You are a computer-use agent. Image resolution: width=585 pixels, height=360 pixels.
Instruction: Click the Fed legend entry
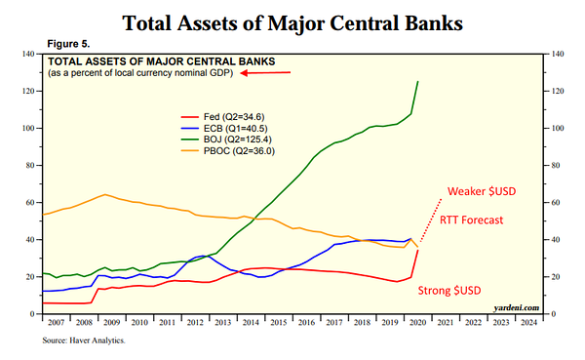tap(222, 117)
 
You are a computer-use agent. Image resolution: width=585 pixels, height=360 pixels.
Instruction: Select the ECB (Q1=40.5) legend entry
tap(224, 129)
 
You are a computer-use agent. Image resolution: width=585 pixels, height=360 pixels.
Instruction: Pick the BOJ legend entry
tap(226, 140)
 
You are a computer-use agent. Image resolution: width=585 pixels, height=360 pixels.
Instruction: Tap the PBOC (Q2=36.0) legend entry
tap(228, 151)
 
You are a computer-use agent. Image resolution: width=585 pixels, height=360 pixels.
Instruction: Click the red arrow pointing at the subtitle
tap(265, 72)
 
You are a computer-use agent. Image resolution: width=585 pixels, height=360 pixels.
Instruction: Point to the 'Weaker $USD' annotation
tap(482, 191)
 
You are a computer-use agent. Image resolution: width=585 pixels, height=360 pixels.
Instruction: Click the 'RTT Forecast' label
tap(471, 220)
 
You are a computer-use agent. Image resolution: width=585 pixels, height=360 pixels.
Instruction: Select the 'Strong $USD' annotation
tap(449, 290)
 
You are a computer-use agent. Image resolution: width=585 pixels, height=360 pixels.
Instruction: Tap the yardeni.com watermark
tap(517, 307)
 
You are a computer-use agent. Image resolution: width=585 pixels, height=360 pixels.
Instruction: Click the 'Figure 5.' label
tap(68, 44)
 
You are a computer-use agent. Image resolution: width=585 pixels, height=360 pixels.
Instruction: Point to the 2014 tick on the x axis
tap(251, 322)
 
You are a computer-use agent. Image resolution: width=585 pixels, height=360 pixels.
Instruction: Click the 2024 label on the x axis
tap(528, 322)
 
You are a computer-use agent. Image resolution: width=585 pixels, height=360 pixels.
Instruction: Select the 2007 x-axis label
tap(56, 322)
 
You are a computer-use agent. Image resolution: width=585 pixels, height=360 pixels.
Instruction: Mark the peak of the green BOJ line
tap(418, 81)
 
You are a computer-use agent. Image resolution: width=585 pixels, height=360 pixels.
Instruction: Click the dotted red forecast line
tap(431, 220)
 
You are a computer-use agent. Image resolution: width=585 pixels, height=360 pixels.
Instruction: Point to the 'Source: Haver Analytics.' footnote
tap(84, 340)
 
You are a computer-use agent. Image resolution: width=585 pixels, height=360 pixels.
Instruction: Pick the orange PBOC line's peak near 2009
tap(105, 194)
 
